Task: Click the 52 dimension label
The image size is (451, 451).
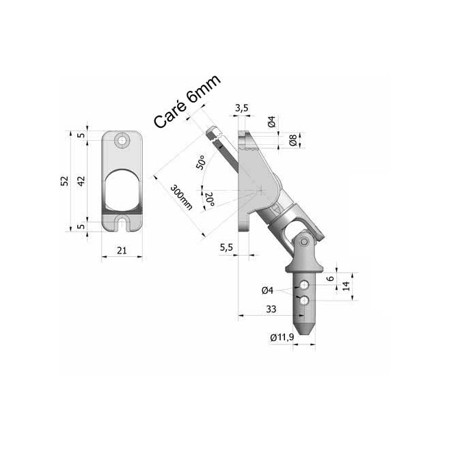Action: click(64, 181)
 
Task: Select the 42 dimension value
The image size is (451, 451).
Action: click(80, 181)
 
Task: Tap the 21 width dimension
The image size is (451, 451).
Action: click(122, 251)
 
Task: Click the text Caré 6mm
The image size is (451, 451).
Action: click(186, 102)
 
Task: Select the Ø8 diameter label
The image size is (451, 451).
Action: click(292, 141)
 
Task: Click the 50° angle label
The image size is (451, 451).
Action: click(201, 163)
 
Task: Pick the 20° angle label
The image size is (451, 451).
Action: click(209, 200)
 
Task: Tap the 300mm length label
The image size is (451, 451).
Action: click(181, 197)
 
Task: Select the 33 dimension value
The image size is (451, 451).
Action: click(271, 309)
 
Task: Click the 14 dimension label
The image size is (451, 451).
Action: click(346, 285)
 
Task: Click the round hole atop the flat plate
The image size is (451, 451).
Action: click(122, 141)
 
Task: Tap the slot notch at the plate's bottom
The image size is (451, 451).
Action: click(122, 222)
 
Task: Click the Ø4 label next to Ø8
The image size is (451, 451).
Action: click(271, 123)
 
